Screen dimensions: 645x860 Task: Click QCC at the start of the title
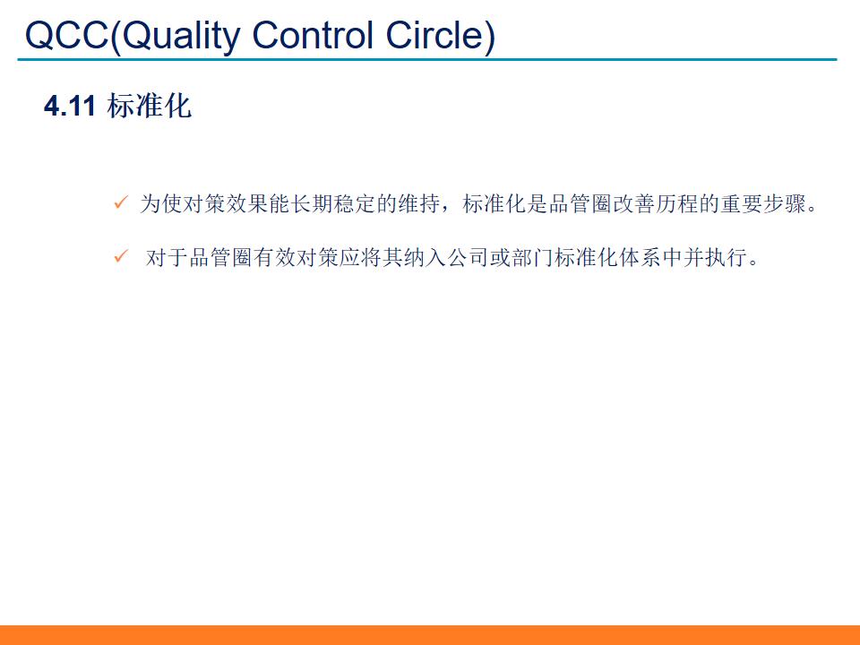(x=67, y=36)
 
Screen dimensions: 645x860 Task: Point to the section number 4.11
(x=70, y=107)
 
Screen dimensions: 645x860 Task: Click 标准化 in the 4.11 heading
(x=149, y=107)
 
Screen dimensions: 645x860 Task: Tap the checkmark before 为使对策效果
(x=121, y=203)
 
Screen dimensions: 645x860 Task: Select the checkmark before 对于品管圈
(x=121, y=258)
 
